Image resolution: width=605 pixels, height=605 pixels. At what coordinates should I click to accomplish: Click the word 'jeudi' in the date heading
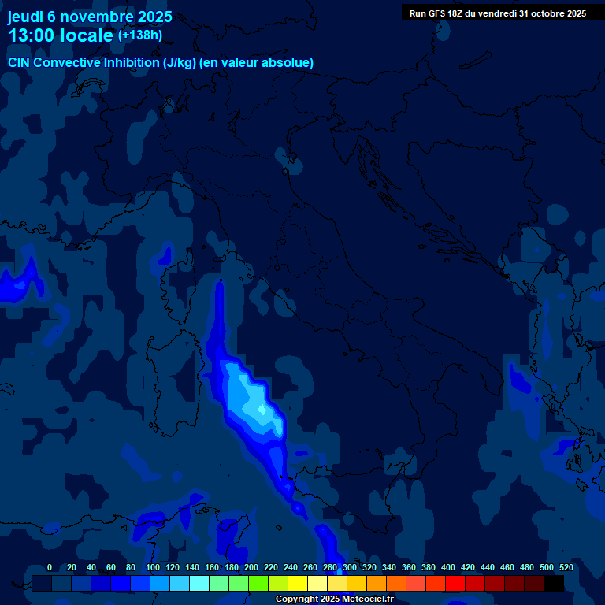coord(25,17)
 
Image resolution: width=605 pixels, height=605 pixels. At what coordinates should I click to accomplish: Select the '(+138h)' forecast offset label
coord(140,35)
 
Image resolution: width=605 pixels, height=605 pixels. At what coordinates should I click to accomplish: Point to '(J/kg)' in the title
coord(180,62)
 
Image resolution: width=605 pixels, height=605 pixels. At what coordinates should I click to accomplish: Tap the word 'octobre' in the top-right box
coord(538,13)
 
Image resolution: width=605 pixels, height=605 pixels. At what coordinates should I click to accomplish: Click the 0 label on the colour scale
coord(50,567)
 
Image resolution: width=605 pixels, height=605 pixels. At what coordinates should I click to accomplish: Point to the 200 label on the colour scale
coord(251,567)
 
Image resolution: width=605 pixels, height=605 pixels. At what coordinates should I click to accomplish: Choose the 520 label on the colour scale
coord(566,567)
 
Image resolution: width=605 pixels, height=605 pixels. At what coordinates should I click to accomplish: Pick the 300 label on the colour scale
coord(350,567)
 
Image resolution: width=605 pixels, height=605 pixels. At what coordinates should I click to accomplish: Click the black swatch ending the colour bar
coord(554,583)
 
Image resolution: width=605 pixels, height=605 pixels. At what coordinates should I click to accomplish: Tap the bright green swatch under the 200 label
coord(258,583)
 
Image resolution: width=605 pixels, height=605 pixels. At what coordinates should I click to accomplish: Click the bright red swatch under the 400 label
coord(455,583)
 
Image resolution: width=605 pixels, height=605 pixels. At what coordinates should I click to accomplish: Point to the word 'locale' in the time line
coord(89,36)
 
